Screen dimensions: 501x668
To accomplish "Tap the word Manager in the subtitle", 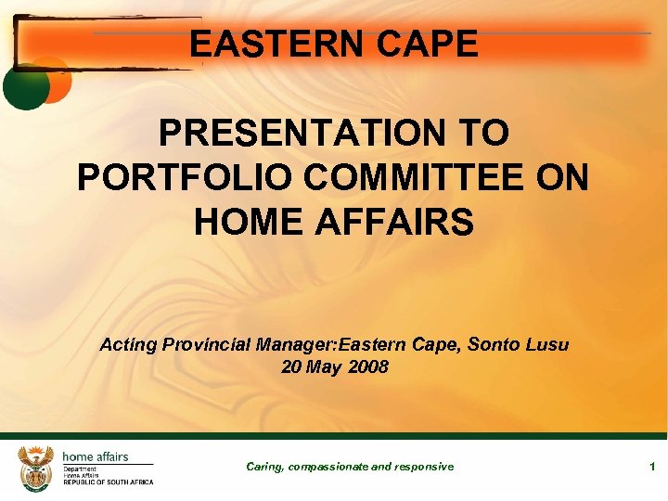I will (x=298, y=345).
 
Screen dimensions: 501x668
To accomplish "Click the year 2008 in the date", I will (x=368, y=367).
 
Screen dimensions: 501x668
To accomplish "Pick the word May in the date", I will (x=326, y=367).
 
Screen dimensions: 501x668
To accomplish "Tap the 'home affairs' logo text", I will (x=96, y=456).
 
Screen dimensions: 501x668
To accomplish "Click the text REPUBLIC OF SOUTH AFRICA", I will (x=108, y=482).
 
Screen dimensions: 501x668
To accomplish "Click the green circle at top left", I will (x=25, y=85).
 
